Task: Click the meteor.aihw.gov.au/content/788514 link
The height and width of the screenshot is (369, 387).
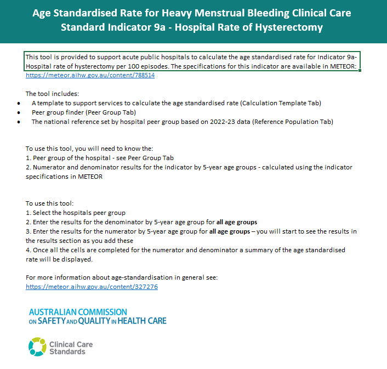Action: point(90,75)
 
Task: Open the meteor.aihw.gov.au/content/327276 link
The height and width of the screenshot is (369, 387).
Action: point(92,286)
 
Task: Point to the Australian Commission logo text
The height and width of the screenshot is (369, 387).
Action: point(98,316)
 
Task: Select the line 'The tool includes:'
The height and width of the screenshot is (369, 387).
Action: point(52,94)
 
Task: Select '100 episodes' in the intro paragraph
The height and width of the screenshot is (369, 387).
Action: point(140,66)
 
